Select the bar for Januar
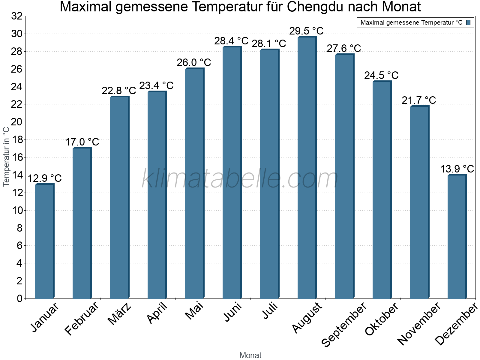(x=44, y=241)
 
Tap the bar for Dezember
(x=457, y=237)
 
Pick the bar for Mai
(x=194, y=183)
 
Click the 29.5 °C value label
(x=306, y=31)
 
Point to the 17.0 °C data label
(x=82, y=142)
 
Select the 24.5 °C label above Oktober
(x=381, y=75)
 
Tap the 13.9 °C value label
(x=457, y=169)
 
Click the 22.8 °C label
(x=119, y=91)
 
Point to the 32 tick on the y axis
(x=17, y=16)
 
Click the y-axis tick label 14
(x=17, y=175)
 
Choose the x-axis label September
(x=344, y=324)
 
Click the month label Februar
(x=82, y=318)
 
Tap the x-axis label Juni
(x=232, y=312)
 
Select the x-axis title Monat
(x=250, y=355)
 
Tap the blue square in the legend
(x=468, y=22)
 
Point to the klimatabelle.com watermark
(x=240, y=179)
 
